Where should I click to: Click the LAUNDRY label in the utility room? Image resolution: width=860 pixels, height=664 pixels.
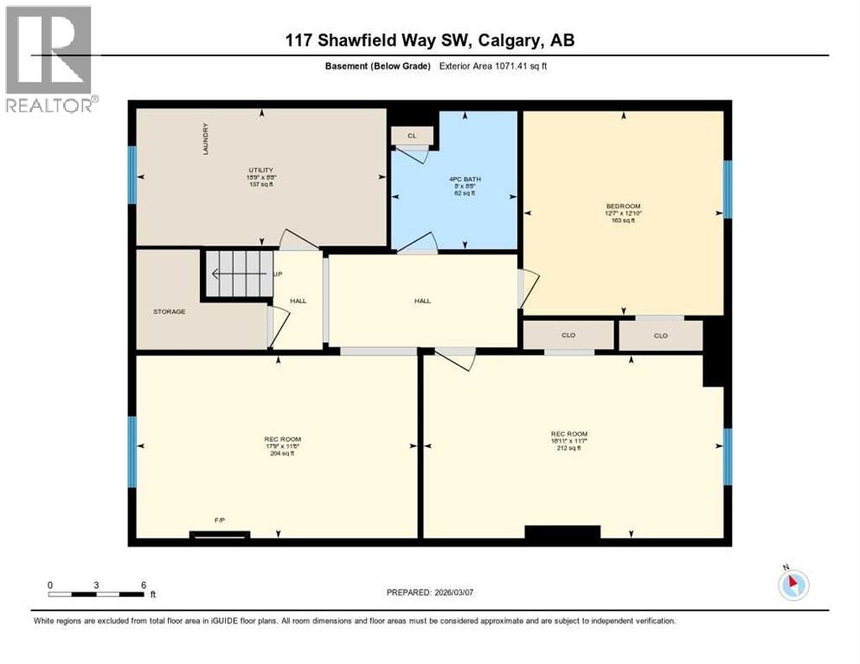(205, 139)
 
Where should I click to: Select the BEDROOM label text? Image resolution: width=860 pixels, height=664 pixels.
(623, 206)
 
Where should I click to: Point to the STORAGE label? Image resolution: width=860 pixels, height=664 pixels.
(170, 311)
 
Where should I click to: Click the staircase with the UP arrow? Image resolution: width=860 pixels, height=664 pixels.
(238, 275)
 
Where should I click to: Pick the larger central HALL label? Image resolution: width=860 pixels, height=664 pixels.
(422, 301)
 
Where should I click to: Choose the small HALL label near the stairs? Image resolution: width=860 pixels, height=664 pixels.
(298, 301)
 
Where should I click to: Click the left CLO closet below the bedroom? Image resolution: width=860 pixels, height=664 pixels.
(568, 335)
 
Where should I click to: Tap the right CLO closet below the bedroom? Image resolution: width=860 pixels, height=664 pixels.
(661, 335)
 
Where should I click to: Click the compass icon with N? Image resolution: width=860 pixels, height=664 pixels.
(793, 584)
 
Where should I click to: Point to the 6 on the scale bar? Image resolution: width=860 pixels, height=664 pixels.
(144, 584)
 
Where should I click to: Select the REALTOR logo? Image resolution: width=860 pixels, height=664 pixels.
(49, 59)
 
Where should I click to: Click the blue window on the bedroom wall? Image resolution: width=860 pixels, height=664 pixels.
(728, 188)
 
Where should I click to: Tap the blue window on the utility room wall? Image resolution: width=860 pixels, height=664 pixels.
(132, 175)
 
